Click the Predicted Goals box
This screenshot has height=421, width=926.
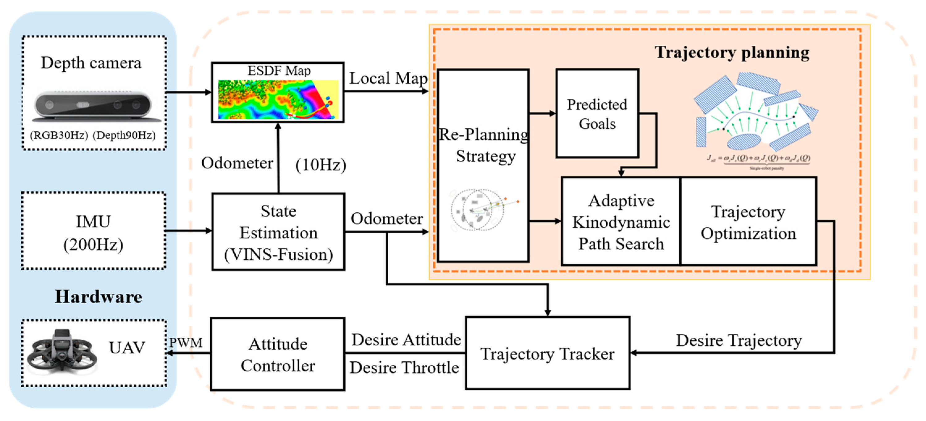(597, 114)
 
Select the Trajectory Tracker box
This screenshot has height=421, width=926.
(547, 353)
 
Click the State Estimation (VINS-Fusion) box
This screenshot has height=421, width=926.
(278, 232)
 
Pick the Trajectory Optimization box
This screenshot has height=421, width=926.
(748, 222)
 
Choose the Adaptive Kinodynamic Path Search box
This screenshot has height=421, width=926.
(621, 222)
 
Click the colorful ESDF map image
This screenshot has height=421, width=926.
(278, 100)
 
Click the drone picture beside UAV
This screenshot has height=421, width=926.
(62, 353)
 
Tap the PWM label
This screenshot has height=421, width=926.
(186, 342)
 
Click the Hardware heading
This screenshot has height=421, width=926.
(98, 296)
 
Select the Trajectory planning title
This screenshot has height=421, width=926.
(732, 53)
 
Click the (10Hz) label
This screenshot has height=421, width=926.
(321, 165)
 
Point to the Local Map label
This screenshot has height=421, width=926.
(388, 78)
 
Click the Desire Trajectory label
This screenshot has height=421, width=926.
(739, 340)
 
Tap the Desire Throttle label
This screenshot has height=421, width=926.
(404, 368)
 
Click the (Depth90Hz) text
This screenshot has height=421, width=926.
(124, 135)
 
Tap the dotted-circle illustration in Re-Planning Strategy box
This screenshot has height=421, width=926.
(478, 210)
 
